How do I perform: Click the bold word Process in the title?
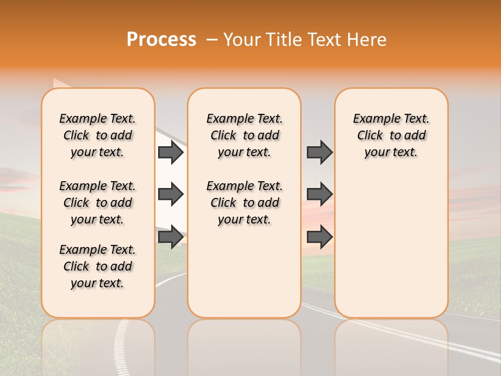(161, 40)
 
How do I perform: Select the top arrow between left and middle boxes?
(170, 152)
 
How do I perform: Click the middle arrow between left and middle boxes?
(170, 194)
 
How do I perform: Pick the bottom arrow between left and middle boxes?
(170, 237)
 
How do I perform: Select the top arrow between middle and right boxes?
(319, 152)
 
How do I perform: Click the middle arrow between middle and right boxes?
(319, 194)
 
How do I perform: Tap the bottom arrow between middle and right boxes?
(319, 237)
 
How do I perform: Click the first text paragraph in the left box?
(98, 135)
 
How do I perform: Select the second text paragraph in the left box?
(98, 203)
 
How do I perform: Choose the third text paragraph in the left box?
(98, 266)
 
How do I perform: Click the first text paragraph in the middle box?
(245, 135)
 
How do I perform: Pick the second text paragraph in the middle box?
(245, 203)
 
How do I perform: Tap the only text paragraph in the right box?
(391, 135)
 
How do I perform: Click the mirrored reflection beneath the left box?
(98, 345)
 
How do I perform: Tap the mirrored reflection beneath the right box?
(391, 345)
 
